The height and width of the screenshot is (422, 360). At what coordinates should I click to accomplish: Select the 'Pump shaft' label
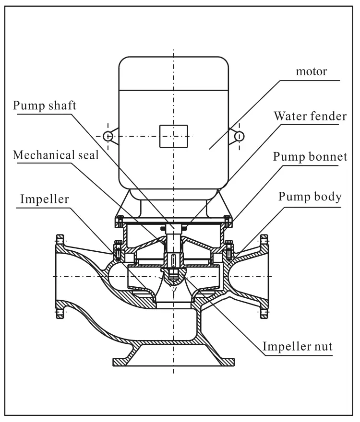(44, 106)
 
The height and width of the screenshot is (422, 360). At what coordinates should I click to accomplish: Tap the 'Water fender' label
(306, 116)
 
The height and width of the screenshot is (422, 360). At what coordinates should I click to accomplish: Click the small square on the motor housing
(173, 136)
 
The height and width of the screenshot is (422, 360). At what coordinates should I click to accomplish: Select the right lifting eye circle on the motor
(239, 137)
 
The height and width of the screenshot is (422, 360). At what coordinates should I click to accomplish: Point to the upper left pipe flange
(60, 241)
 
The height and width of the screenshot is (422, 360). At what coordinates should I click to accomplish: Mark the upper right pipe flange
(264, 241)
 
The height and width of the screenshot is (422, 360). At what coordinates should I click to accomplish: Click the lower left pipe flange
(60, 312)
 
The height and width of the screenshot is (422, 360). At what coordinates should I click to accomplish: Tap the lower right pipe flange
(264, 312)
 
